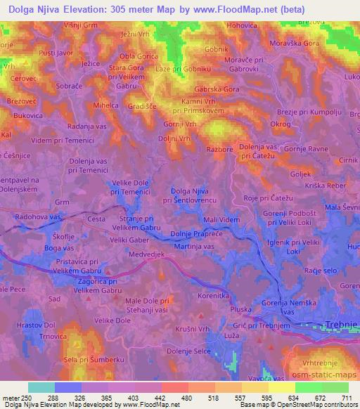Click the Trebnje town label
(340, 325)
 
